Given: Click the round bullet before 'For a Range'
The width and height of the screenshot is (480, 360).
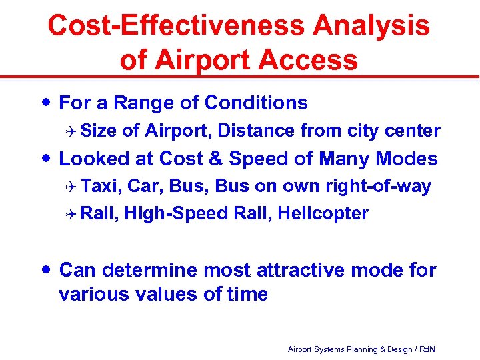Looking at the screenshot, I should (x=44, y=102).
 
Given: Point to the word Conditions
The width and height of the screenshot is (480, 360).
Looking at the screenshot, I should (x=256, y=103).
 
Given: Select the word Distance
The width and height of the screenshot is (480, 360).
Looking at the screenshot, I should (x=256, y=131).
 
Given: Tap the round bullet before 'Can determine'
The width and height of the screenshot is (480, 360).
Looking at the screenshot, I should (x=44, y=269).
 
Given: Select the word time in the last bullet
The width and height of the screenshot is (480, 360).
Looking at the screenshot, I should (x=246, y=294).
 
